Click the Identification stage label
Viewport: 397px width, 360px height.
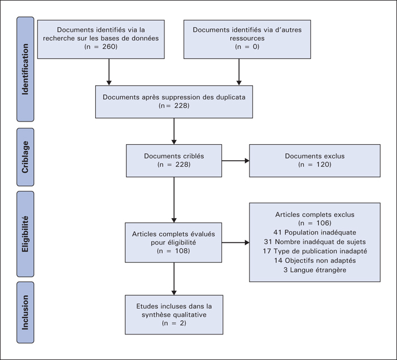(x=26, y=69)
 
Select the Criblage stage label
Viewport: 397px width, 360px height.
(x=26, y=157)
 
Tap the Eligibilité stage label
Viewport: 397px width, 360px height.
(x=26, y=234)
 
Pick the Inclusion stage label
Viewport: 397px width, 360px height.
(x=26, y=312)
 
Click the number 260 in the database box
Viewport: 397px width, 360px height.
(x=109, y=47)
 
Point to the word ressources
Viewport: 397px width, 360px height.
(x=247, y=38)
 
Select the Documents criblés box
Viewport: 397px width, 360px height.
(x=174, y=161)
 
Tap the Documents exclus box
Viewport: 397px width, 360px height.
(x=315, y=161)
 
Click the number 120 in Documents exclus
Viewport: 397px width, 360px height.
(x=323, y=165)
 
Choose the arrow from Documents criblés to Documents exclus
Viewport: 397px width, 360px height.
(x=235, y=161)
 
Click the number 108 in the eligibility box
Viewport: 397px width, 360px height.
(x=182, y=251)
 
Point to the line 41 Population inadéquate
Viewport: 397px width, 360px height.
(x=315, y=232)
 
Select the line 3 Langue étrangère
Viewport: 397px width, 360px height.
(x=315, y=270)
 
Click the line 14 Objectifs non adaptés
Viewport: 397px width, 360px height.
(x=315, y=261)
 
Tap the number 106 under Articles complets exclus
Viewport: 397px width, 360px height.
(x=323, y=223)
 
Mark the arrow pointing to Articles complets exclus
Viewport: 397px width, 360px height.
(x=235, y=242)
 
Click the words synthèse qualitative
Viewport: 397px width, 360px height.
(x=174, y=315)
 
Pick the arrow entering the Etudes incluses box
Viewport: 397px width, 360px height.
(x=174, y=279)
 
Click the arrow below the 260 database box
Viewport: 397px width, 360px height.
(x=109, y=72)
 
